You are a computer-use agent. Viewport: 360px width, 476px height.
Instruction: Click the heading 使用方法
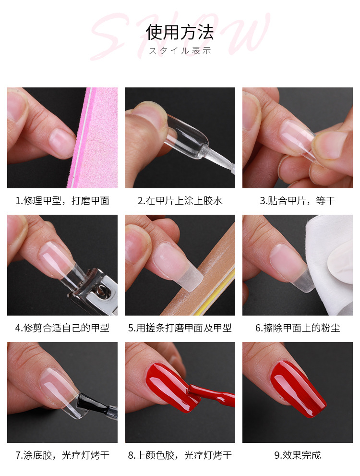(x=180, y=32)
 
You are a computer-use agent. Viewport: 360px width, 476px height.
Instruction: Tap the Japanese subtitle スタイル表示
(x=180, y=51)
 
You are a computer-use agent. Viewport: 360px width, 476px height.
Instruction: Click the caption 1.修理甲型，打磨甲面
(x=62, y=201)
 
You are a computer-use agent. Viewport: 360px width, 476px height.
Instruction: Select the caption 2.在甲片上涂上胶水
(x=180, y=201)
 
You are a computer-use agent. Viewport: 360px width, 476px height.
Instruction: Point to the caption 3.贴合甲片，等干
(x=298, y=201)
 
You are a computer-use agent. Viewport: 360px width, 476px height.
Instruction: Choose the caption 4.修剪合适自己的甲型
(x=62, y=328)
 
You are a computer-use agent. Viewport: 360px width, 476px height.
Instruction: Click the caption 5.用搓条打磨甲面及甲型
(x=180, y=328)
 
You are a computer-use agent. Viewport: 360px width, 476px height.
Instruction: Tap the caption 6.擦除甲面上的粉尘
(x=298, y=328)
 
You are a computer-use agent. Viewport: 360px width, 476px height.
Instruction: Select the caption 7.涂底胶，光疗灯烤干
(x=62, y=455)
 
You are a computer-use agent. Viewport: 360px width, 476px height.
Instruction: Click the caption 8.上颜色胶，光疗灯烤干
(x=180, y=455)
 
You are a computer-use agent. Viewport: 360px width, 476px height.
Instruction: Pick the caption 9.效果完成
(x=298, y=455)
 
